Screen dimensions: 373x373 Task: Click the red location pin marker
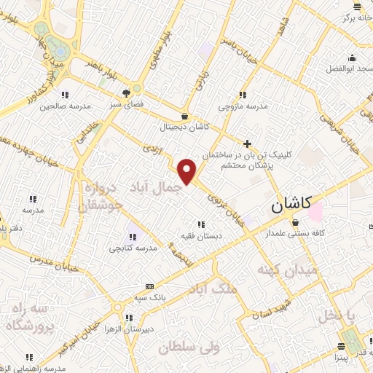click(188, 172)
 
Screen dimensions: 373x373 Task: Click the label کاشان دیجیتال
click(186, 126)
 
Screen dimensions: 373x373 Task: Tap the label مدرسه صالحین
click(66, 106)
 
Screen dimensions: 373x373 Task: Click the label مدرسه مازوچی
click(243, 106)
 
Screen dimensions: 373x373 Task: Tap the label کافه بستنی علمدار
click(294, 234)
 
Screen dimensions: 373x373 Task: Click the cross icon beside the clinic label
click(248, 144)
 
